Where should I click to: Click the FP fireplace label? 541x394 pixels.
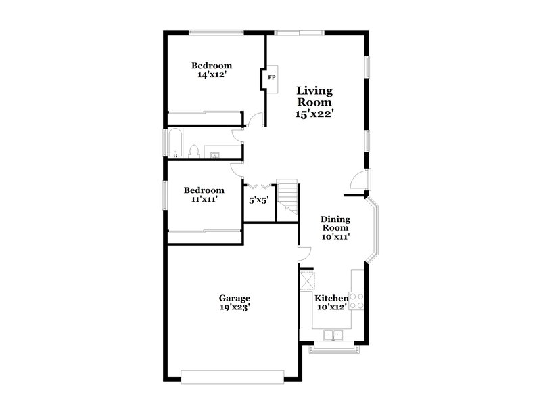click(272, 78)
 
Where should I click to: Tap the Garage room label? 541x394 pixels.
click(235, 298)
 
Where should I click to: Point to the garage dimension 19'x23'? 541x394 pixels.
click(235, 307)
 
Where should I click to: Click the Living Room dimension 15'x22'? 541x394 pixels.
click(316, 114)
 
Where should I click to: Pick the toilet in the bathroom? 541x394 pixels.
click(194, 151)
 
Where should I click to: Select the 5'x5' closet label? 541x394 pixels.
click(259, 200)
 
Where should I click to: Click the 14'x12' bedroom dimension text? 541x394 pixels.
click(211, 75)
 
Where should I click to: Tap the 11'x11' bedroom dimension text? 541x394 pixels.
click(204, 200)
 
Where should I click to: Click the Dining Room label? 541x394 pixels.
click(335, 223)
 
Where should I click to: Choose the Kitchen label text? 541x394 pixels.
click(331, 298)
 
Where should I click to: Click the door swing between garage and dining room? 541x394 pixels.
click(304, 254)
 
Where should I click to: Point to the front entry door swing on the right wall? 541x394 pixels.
click(360, 179)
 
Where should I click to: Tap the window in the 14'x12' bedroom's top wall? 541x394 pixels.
click(216, 31)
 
